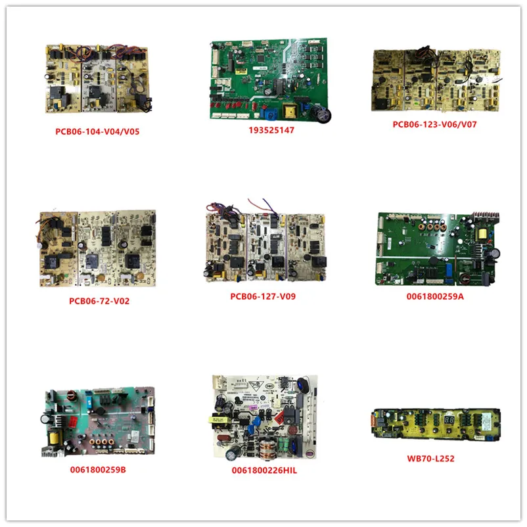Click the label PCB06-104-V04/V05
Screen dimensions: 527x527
tap(97, 131)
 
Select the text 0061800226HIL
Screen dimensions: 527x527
tap(263, 470)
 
